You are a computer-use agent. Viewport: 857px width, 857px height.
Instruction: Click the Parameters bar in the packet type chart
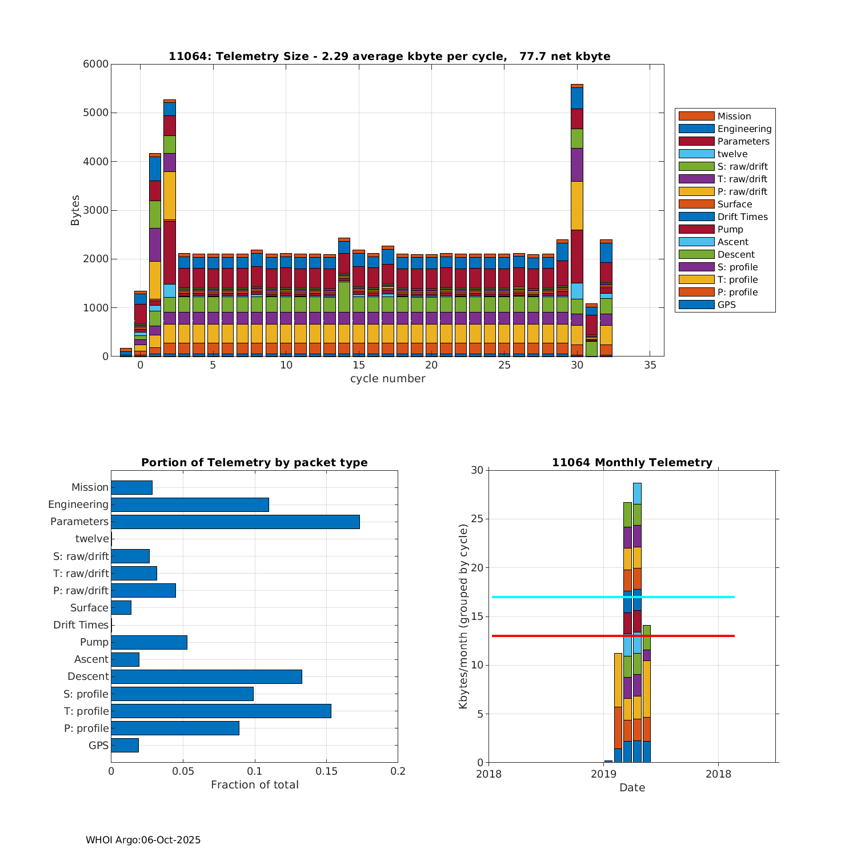[235, 522]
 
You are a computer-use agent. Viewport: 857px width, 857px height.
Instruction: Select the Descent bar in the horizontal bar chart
[206, 676]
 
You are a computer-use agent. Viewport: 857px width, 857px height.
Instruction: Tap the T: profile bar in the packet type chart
[221, 711]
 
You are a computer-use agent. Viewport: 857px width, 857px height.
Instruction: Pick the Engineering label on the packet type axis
[78, 504]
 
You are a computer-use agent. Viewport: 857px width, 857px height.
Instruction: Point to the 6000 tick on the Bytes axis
[96, 64]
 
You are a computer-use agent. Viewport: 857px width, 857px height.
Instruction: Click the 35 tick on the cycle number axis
[650, 366]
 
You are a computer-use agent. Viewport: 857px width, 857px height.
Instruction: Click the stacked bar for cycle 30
[577, 229]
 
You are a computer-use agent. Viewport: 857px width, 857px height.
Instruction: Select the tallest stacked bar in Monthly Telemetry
[637, 571]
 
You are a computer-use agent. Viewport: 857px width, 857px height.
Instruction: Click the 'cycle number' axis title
[387, 379]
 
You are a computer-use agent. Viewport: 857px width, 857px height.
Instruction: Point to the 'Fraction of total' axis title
[254, 785]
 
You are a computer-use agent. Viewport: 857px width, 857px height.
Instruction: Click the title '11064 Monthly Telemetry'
[632, 463]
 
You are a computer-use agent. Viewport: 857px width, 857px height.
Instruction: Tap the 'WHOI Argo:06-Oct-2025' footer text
[143, 840]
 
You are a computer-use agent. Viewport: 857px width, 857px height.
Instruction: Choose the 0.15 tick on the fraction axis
[326, 771]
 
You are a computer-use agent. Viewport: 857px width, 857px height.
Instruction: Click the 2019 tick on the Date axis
[603, 774]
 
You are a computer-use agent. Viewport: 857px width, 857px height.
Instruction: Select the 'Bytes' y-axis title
[75, 210]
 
